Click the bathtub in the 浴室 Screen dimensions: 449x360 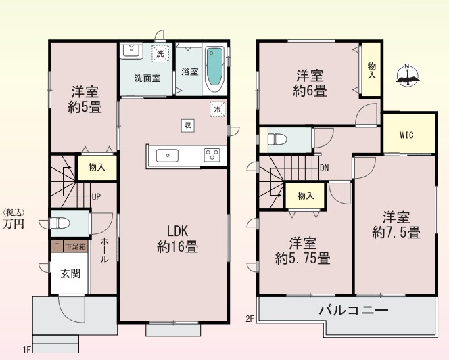pos(215,69)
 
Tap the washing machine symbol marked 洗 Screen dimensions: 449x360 pos(160,53)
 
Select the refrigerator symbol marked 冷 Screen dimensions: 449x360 pos(217,109)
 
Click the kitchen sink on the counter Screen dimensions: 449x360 pos(167,156)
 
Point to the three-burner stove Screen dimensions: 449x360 pos(212,155)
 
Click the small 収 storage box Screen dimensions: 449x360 pos(188,125)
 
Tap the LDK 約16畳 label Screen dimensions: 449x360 pos(178,239)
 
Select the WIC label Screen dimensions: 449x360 pos(406,135)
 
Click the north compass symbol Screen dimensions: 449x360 pos(408,76)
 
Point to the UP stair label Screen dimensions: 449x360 pos(96,197)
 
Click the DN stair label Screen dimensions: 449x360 pos(324,168)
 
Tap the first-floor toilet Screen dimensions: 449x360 pos(59,223)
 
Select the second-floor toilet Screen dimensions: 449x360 pos(277,139)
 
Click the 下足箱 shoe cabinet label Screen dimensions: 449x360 pos(75,246)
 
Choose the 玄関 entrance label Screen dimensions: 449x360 pos(70,274)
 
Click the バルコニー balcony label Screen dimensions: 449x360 pos(354,310)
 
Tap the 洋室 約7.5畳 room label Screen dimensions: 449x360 pos(396,225)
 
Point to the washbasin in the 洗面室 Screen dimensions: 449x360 pos(131,51)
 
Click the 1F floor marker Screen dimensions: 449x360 pos(26,350)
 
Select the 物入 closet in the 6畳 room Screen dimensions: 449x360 pos(371,70)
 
